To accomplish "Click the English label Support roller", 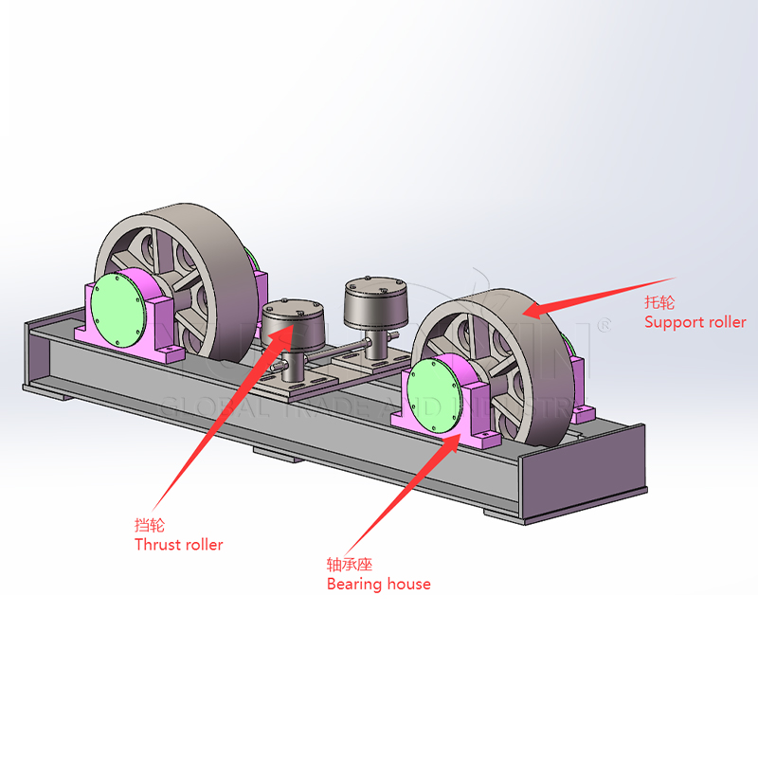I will (695, 322).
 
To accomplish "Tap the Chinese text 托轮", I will (659, 303).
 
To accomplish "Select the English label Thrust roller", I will (179, 545).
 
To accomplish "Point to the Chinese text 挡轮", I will (149, 525).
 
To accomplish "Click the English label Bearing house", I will (378, 584).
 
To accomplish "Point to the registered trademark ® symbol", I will (604, 324).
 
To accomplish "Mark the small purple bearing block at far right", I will (582, 411).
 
